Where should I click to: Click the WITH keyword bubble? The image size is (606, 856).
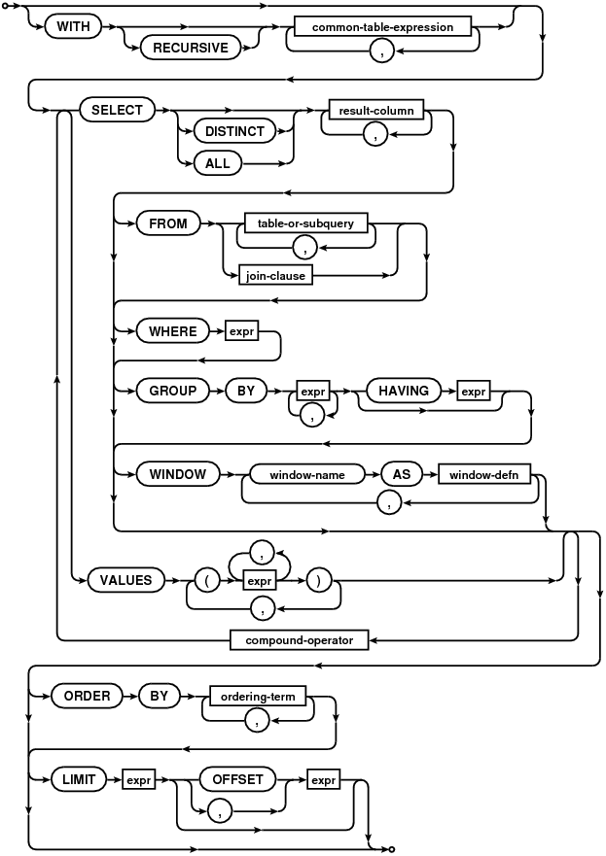coord(74,27)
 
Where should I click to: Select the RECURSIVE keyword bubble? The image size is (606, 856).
coord(191,48)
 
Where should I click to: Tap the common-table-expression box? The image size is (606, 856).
coord(382,27)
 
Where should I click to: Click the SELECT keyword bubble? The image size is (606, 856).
coord(117,110)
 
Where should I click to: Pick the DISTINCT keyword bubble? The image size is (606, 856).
coord(234,131)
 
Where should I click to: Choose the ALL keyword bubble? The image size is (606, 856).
coord(218,163)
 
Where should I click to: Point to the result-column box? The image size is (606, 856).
coord(376,110)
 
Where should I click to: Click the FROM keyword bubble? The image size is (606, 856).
coord(167,223)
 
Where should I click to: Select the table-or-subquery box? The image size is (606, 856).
coord(305,223)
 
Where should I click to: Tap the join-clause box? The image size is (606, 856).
coord(275,276)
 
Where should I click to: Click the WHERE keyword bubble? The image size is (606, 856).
coord(173,331)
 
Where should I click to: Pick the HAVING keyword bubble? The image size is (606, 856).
coord(404,391)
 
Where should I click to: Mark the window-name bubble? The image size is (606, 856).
coord(307,475)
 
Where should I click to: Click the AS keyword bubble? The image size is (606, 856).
coord(402,474)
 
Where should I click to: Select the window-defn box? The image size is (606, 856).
coord(484,475)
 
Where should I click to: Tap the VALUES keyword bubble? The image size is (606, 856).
coord(125,580)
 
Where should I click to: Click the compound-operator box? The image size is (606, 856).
coord(300,640)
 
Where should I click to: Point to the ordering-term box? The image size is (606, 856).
coord(258,697)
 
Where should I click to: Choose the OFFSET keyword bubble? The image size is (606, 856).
coord(237,779)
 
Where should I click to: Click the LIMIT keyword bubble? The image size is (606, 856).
coord(79,779)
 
